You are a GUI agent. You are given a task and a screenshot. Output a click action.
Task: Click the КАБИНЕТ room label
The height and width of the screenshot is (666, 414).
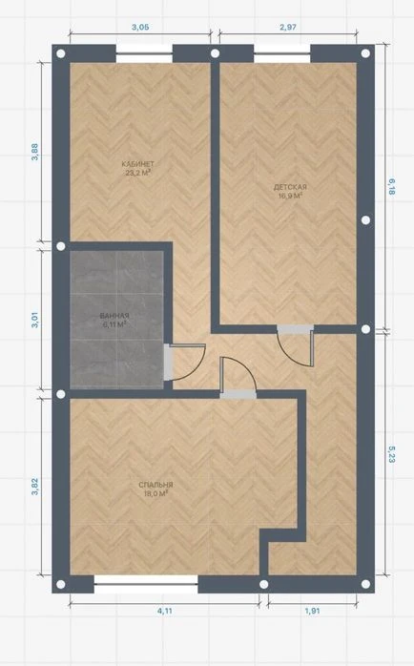(137, 164)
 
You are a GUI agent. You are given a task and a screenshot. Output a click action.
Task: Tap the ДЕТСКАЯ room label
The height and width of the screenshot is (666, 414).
(290, 187)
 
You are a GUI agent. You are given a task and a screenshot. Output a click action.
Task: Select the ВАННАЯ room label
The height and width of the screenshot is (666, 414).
(114, 316)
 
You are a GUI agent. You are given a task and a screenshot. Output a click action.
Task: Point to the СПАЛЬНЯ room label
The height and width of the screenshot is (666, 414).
(155, 485)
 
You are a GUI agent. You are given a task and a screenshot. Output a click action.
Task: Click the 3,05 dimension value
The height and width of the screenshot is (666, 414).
(140, 27)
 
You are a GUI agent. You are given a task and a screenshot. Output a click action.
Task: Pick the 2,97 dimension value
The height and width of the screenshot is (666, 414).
(288, 27)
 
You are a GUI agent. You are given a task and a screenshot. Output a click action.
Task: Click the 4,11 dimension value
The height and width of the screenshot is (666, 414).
(165, 612)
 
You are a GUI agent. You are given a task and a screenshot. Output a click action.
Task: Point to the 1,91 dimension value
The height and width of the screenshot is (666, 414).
(312, 612)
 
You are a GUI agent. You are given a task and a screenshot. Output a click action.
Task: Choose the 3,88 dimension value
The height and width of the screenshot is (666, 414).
(35, 152)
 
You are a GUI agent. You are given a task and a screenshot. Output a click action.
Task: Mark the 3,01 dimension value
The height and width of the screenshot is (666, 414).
(35, 320)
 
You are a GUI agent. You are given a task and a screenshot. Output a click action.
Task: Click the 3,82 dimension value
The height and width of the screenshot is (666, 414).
(35, 487)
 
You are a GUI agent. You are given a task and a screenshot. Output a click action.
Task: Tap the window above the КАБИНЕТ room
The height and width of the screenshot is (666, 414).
(144, 53)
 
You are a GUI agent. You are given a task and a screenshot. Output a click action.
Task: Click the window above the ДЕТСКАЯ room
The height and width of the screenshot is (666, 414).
(282, 53)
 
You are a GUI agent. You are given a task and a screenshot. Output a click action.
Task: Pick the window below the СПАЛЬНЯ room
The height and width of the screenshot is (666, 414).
(146, 584)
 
